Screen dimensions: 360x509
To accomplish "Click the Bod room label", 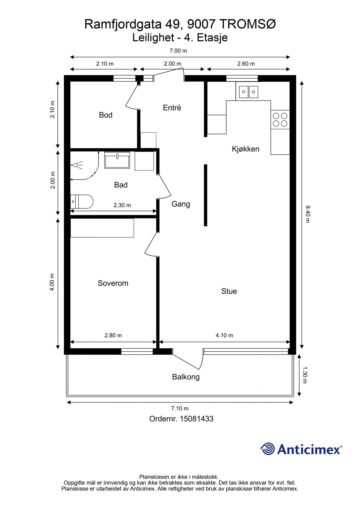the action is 105,115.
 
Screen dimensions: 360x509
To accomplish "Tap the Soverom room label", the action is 113,283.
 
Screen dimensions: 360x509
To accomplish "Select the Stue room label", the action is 229,291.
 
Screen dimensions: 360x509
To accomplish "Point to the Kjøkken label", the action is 245,149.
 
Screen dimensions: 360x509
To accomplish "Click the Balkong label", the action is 186,377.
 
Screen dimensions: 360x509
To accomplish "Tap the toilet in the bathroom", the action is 81,201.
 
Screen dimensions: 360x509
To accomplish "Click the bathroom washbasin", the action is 117,160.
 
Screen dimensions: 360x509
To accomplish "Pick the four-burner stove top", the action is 280,120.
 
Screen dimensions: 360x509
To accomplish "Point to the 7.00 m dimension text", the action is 178,51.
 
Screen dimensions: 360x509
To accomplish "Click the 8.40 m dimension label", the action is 308,214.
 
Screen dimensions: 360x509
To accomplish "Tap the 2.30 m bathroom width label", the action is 122,205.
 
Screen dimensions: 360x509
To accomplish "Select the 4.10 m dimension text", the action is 224,335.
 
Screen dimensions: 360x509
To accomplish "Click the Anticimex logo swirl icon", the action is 268,449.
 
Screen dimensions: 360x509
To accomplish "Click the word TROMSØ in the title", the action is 247,25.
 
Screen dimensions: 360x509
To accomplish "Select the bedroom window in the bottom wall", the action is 137,351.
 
